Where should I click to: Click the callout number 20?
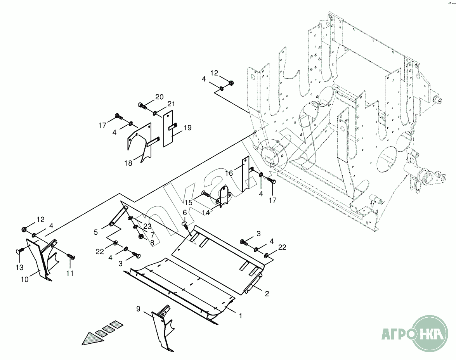pos(159,97)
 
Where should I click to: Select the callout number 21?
pos(171,104)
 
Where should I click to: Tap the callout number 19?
pos(187,127)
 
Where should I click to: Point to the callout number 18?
pos(128,163)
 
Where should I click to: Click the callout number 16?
pos(229,173)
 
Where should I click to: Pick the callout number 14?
pos(206,213)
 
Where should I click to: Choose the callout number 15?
pos(189,202)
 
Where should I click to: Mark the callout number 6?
pos(185,213)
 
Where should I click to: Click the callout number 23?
pos(147,227)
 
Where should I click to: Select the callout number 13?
pos(19,267)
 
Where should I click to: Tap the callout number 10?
pos(25,279)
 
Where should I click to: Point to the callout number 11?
pos(70,273)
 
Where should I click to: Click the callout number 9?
pos(138,308)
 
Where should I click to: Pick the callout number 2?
pos(267,293)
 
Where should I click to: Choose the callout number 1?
pos(241,315)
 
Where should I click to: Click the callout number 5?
pos(96,232)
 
